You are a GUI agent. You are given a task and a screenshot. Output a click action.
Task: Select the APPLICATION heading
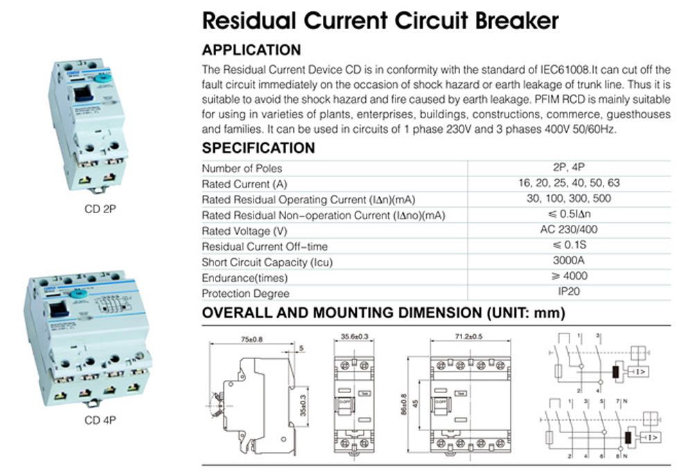click(x=251, y=50)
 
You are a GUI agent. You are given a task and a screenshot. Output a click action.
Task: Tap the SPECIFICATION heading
click(x=258, y=148)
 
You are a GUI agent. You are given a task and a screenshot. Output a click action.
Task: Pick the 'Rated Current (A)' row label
click(x=243, y=184)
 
